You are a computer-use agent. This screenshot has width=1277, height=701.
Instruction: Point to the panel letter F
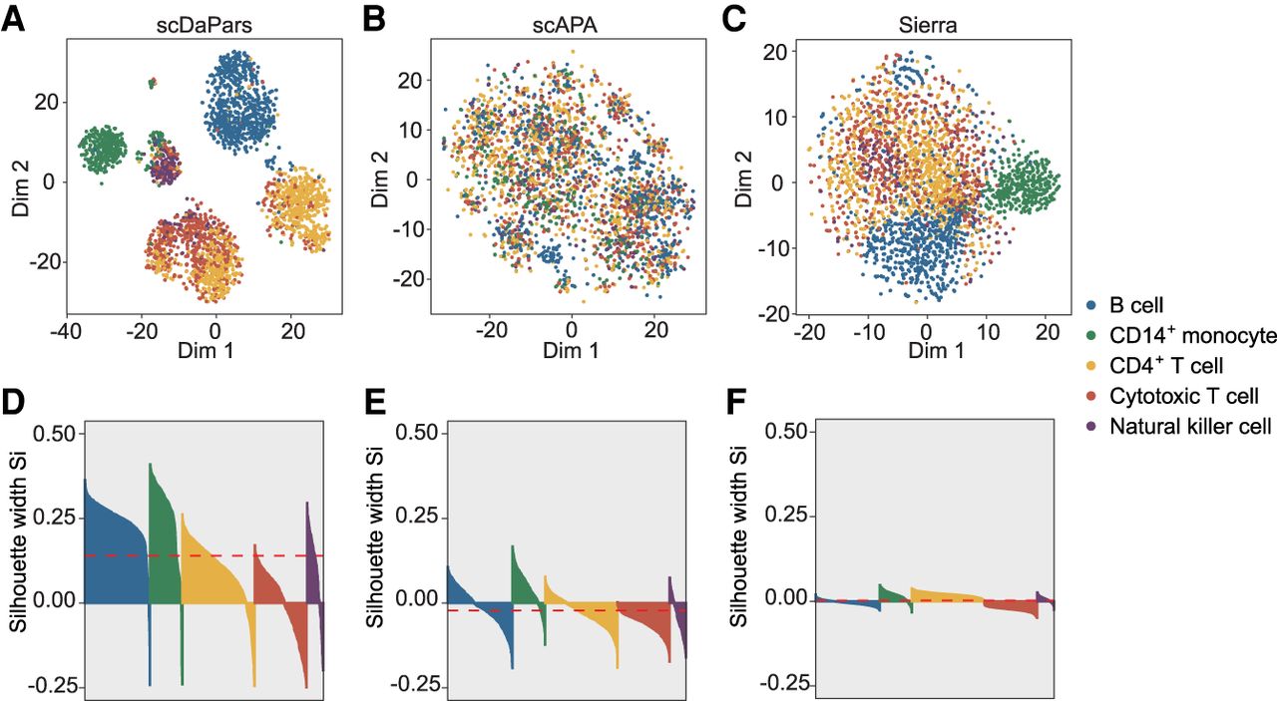pos(734,405)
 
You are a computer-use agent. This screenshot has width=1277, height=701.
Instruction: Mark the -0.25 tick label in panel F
pos(783,685)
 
